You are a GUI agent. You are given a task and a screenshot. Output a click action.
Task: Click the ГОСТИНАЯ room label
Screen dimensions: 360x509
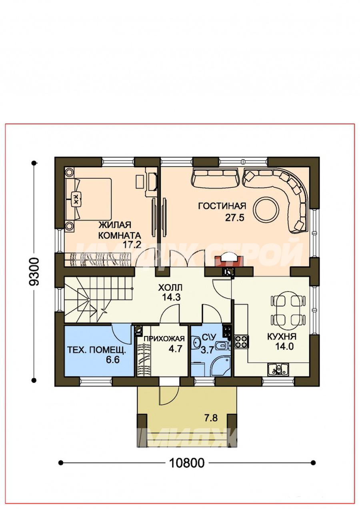click(222, 206)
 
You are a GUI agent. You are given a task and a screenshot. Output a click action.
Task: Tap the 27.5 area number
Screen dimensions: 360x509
click(234, 218)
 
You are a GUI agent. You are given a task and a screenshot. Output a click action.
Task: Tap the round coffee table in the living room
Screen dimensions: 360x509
click(266, 209)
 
